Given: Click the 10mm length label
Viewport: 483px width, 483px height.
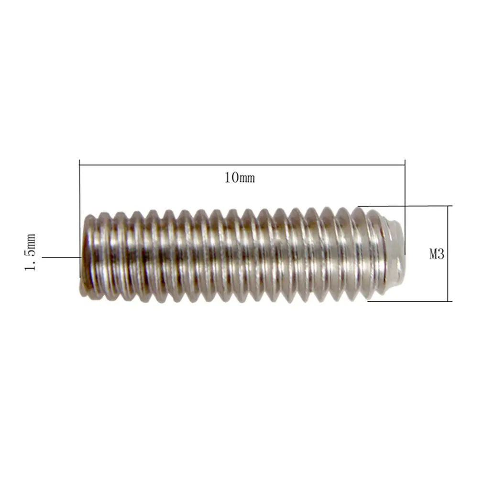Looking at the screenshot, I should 240,178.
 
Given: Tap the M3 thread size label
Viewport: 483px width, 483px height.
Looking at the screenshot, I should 437,254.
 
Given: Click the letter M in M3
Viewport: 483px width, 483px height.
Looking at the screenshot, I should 433,254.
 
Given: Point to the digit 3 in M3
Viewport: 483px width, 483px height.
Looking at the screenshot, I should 441,254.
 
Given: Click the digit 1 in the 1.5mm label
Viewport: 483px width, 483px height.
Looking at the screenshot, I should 30,266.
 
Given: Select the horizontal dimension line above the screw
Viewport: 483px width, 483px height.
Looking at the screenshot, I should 241,165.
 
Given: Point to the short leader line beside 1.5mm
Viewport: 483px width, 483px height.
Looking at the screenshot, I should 61,257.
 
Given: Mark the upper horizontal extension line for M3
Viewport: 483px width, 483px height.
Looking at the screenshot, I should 404,206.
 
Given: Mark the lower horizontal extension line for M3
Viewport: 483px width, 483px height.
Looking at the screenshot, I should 409,301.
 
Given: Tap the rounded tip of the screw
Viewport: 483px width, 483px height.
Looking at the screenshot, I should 397,253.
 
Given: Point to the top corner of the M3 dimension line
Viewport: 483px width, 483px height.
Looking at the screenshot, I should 449,206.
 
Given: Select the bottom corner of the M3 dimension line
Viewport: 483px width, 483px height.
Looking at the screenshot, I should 449,301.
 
